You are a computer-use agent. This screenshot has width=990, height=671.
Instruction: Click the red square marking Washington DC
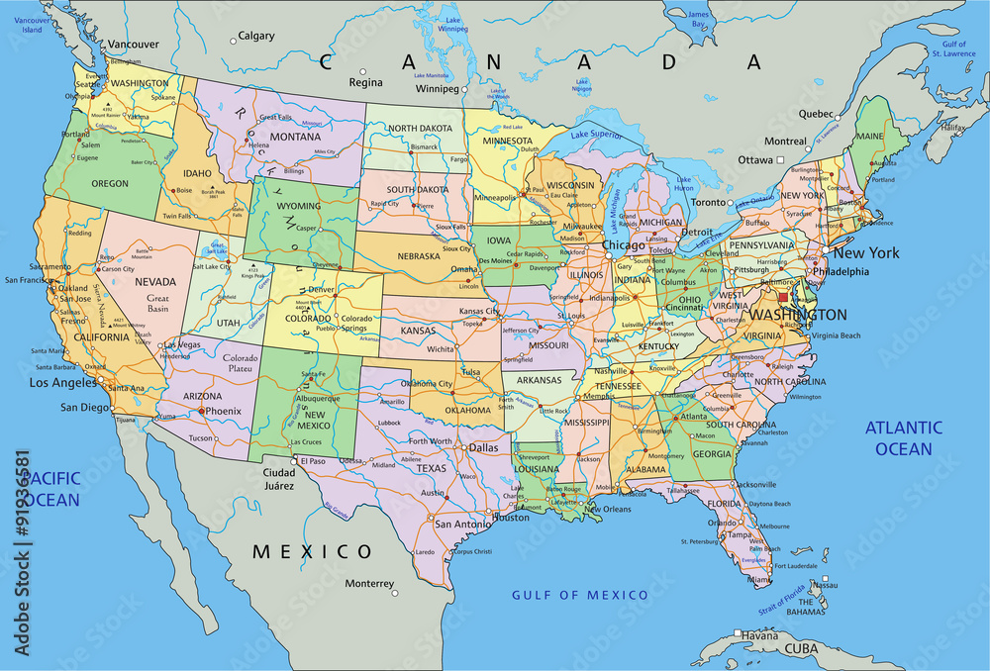tap(783, 297)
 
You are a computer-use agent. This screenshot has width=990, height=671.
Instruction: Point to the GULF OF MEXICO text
tap(579, 594)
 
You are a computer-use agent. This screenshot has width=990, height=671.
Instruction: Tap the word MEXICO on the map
tap(312, 551)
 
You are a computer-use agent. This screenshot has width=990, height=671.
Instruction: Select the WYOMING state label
tap(298, 205)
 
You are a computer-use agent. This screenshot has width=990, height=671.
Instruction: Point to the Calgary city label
tap(256, 36)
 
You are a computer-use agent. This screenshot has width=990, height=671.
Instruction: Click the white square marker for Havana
tap(738, 634)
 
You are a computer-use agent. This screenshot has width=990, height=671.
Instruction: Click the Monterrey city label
tap(369, 583)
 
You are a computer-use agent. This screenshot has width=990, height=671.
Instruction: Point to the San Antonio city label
tap(458, 524)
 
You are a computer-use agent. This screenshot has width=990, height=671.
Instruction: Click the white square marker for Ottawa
tap(780, 159)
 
